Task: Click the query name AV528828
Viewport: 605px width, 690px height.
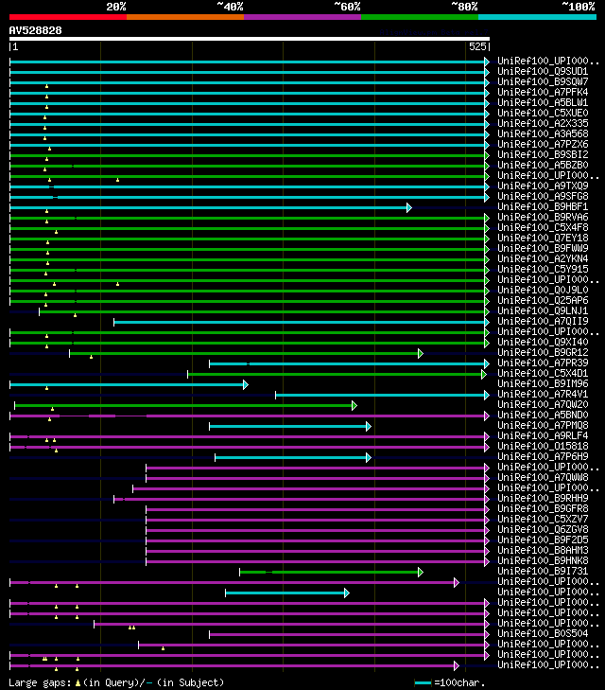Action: coord(36,30)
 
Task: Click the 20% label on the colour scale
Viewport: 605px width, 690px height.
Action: coord(115,7)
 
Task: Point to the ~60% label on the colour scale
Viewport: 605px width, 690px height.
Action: coord(347,7)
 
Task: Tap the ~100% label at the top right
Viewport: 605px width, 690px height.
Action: coord(578,7)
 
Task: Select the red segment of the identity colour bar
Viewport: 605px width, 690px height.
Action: coord(67,17)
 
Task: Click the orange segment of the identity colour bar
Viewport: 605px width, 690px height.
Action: coord(184,17)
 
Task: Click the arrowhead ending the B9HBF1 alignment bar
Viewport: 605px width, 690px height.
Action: coord(409,207)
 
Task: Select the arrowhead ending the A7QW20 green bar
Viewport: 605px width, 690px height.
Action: coord(354,405)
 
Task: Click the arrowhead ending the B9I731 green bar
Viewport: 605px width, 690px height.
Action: coord(421,572)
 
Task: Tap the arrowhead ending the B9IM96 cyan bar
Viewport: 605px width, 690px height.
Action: coord(246,384)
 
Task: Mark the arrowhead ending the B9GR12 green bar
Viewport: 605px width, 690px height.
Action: coord(421,353)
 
